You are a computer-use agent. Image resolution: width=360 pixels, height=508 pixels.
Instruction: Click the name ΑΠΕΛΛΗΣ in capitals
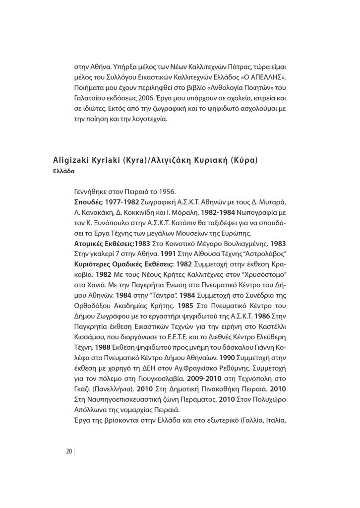268,77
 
